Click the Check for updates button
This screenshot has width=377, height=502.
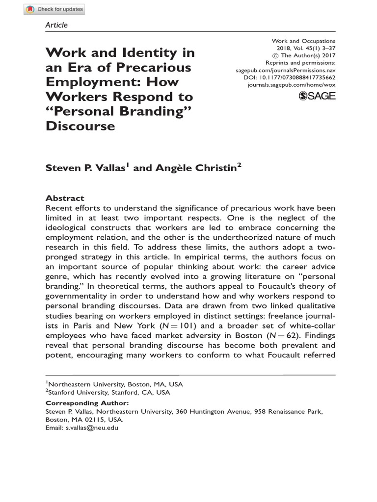click(x=54, y=9)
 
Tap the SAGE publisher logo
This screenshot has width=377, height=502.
click(x=317, y=96)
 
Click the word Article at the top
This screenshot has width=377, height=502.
click(x=56, y=25)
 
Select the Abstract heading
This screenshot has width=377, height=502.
click(x=65, y=198)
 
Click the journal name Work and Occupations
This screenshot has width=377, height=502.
click(x=303, y=41)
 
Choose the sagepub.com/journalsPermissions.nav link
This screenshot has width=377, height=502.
click(x=286, y=70)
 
